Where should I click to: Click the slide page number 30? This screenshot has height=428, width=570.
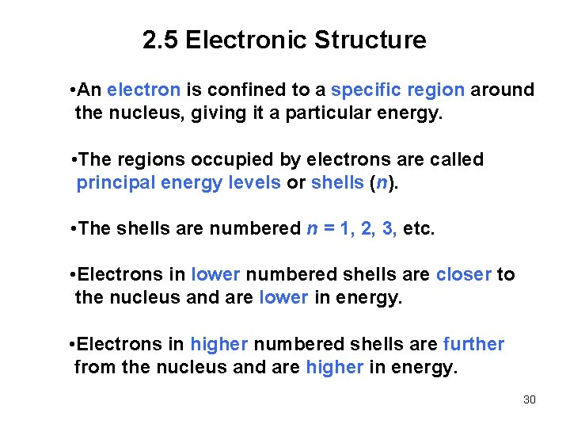(530, 399)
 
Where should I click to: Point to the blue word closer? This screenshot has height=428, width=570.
(463, 275)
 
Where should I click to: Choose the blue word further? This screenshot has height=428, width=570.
(473, 344)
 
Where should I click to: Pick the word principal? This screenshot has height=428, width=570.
(115, 183)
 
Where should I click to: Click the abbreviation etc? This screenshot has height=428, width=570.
(419, 229)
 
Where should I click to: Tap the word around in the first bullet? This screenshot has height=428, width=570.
(503, 90)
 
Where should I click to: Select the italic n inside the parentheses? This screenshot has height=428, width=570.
(382, 183)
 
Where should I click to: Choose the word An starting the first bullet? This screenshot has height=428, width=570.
(89, 90)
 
